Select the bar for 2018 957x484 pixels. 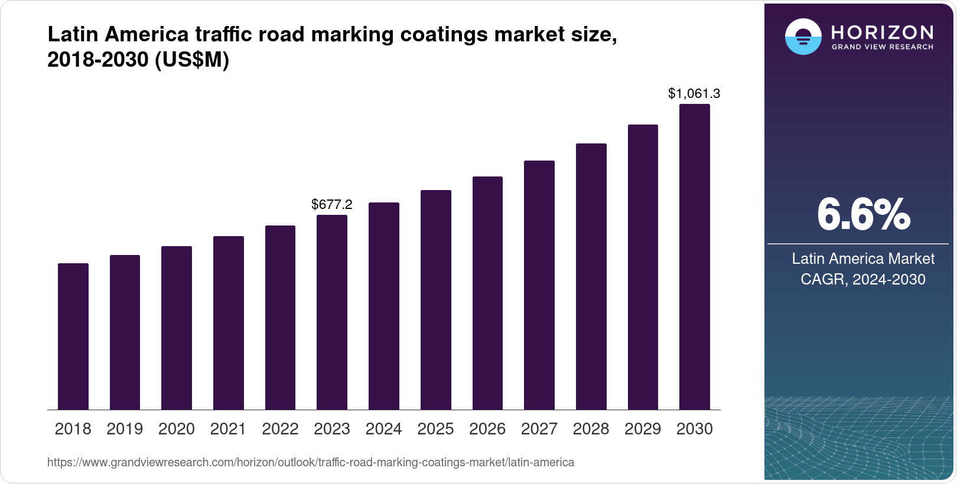point(73,336)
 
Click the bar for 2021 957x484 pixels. point(229,323)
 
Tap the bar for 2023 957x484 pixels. point(332,312)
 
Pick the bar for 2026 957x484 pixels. point(487,293)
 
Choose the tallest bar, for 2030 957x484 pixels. point(695,257)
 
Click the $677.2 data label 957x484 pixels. point(332,205)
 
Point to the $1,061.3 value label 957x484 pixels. point(694,93)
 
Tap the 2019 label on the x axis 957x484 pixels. point(125,429)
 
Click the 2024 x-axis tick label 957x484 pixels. point(384,429)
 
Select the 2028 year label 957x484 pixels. point(591,429)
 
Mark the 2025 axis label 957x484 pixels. point(435,429)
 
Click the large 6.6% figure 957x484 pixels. point(863,215)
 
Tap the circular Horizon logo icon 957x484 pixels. point(803,37)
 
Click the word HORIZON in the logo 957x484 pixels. point(883,32)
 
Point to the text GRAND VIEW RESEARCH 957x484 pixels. point(883,47)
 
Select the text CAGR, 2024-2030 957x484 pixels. point(863,279)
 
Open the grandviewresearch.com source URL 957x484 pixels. point(311,462)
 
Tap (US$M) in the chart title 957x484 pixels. point(192,60)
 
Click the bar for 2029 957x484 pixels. point(643,267)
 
